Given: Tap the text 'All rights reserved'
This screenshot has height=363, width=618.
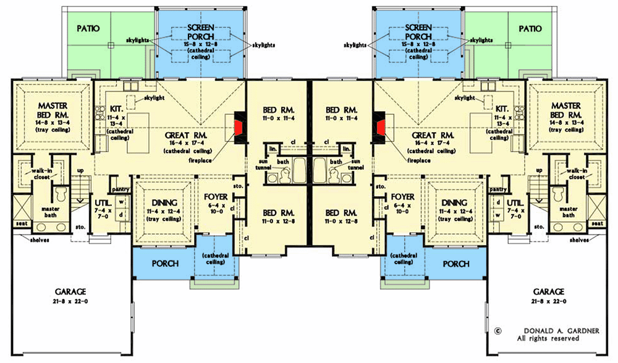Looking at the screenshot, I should (548, 338).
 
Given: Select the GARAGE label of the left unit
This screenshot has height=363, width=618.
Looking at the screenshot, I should (69, 291).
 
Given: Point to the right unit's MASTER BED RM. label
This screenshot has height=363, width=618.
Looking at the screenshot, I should (565, 110).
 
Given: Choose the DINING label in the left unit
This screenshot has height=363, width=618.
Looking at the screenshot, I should (164, 202).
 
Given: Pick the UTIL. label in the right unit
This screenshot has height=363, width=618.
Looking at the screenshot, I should (515, 202).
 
